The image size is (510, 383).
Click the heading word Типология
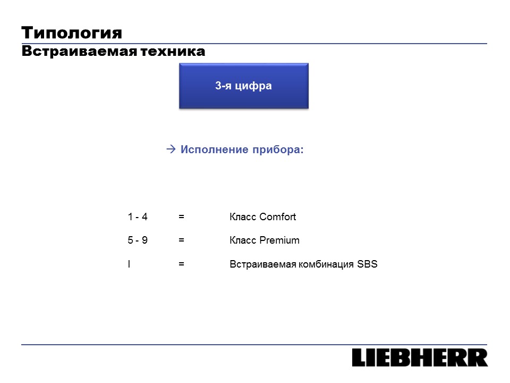click(72, 33)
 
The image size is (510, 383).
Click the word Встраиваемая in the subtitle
click(79, 52)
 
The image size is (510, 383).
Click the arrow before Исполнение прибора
click(171, 149)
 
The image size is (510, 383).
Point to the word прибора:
click(278, 150)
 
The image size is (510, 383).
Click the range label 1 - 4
click(138, 217)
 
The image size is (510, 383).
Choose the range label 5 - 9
click(138, 240)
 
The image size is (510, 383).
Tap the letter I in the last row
click(129, 264)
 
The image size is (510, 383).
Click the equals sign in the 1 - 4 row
click(182, 217)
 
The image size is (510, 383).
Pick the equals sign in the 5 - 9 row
click(182, 240)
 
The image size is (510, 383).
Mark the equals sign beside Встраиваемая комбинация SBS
click(182, 264)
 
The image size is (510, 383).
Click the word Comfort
click(278, 217)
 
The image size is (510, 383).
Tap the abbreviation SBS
click(367, 264)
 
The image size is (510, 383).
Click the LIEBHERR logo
click(420, 357)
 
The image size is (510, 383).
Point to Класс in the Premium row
click(243, 240)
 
